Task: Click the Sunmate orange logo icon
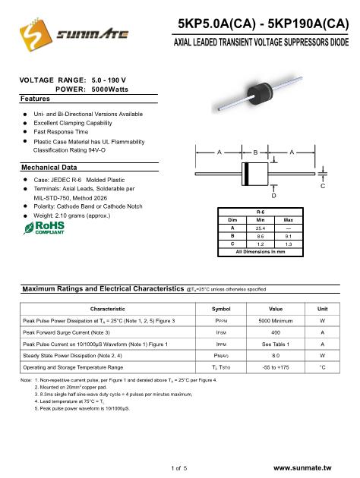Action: click(x=36, y=34)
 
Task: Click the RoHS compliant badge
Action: click(x=44, y=228)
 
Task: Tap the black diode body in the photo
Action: click(x=260, y=95)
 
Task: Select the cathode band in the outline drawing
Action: click(x=247, y=174)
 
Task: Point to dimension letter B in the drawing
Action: click(x=255, y=152)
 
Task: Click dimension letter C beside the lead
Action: click(x=323, y=186)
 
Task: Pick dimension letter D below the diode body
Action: click(x=273, y=196)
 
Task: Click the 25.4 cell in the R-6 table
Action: click(x=261, y=228)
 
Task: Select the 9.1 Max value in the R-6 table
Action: click(x=289, y=236)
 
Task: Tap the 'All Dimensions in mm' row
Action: click(x=261, y=252)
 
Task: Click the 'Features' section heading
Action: click(x=35, y=99)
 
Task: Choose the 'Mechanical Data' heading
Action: click(x=49, y=168)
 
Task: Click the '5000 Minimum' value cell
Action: click(x=276, y=321)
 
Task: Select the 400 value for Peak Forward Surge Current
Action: click(x=276, y=332)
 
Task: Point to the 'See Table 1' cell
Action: click(x=276, y=344)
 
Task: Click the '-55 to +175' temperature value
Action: click(x=276, y=367)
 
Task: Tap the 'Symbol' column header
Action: click(x=221, y=309)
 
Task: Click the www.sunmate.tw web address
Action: click(x=302, y=468)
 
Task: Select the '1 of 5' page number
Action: click(x=179, y=468)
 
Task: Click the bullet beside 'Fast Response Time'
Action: click(x=25, y=132)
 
